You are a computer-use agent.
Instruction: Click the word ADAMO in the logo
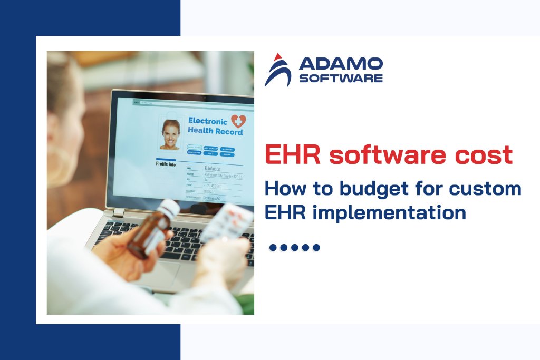point(341,64)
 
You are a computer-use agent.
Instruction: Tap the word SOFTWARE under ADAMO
point(341,79)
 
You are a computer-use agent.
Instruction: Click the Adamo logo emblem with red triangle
point(277,70)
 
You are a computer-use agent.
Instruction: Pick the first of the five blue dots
point(273,247)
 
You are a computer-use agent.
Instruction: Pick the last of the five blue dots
point(316,247)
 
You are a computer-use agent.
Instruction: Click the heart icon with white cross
point(238,122)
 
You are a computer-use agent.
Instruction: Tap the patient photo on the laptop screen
point(171,134)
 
